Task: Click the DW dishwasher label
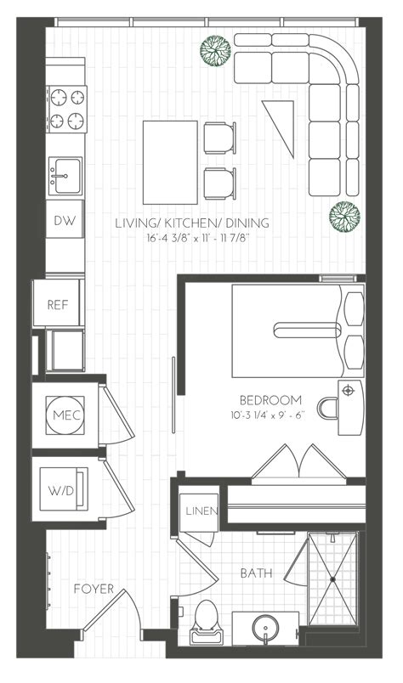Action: coord(65,221)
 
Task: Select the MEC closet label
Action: coord(65,415)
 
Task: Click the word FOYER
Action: coord(88,588)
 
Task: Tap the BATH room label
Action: coord(256,574)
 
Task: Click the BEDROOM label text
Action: coord(270,400)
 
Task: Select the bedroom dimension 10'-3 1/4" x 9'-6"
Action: coord(270,415)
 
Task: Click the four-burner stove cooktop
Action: coord(66,108)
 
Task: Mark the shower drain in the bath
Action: coord(332,579)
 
